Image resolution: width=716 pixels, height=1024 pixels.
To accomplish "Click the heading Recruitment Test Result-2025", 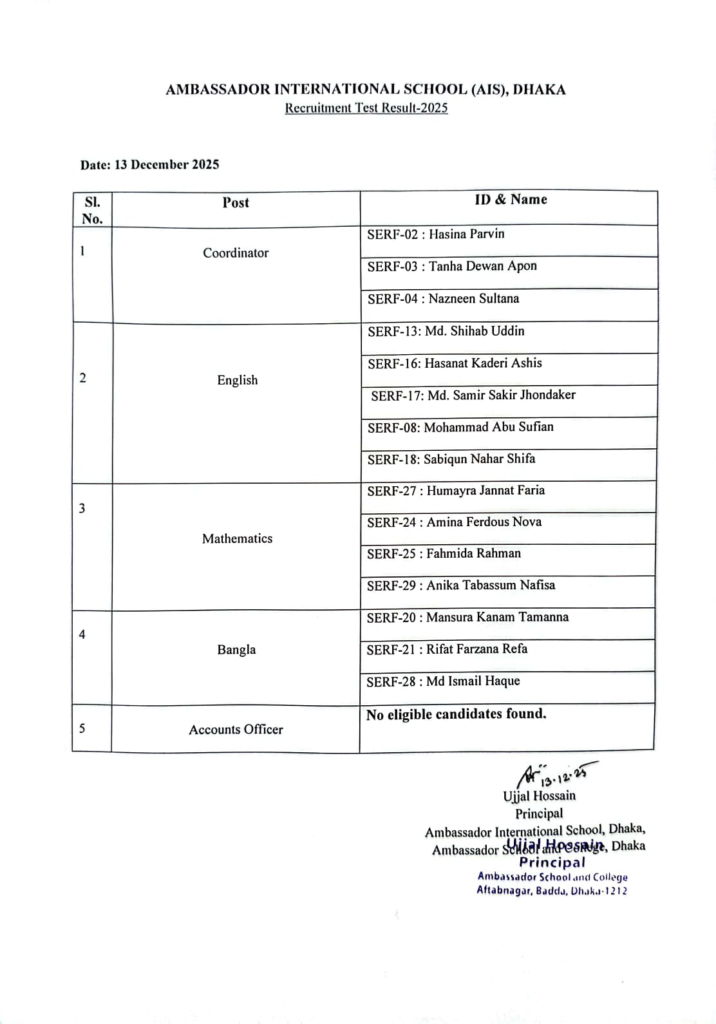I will click(366, 108).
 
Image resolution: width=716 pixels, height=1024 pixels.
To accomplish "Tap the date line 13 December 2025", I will click(149, 165).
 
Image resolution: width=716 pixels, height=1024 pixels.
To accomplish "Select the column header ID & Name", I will click(511, 200).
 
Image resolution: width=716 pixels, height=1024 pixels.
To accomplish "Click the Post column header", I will click(236, 203).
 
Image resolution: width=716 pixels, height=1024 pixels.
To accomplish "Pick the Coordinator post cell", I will click(236, 253).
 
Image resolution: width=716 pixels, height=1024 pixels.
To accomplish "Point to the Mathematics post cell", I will click(237, 538).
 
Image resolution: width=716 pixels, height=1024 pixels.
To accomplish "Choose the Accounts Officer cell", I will click(236, 730).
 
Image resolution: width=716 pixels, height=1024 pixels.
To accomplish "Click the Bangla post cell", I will click(236, 650).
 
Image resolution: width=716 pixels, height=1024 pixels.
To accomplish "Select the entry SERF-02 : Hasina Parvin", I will click(435, 234).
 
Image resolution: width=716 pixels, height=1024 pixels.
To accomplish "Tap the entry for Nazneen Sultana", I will click(443, 299).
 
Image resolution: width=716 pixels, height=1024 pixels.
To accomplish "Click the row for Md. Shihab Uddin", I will click(446, 331).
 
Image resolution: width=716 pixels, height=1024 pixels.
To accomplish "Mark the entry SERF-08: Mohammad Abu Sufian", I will click(460, 427).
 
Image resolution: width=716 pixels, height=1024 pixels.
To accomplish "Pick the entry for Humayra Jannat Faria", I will click(456, 491).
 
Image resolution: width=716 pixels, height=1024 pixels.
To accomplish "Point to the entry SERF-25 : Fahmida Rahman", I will click(444, 553).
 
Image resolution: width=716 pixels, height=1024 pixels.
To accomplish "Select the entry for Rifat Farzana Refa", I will click(447, 649).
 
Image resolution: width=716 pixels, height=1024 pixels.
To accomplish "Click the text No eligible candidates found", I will click(456, 714).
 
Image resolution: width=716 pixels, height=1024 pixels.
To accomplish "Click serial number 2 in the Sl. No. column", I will click(82, 378).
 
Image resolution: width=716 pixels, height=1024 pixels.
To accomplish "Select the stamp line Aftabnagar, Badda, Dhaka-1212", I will click(551, 891).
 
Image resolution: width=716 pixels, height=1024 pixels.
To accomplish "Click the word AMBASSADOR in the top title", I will click(218, 90).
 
